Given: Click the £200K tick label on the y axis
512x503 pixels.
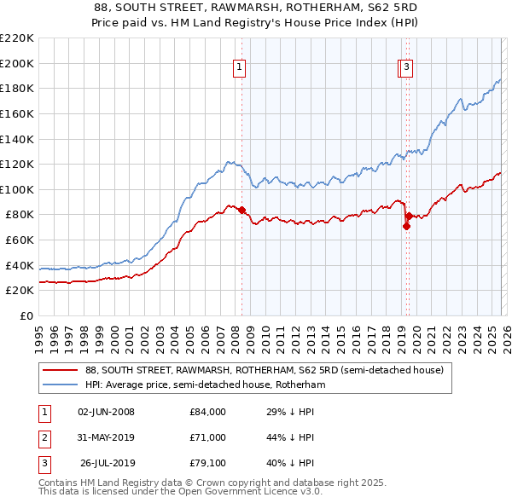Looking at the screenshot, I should coord(16,63).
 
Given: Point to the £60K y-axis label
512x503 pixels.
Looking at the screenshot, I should coord(19,240).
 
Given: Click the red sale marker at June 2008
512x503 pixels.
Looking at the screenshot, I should coord(241,210).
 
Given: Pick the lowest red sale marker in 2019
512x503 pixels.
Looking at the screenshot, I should coord(406,226).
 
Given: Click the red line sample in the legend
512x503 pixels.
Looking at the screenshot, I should coord(60,371).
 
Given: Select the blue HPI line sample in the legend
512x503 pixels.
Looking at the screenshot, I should coord(60,385).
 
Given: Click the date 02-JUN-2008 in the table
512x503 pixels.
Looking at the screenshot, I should coord(106,412).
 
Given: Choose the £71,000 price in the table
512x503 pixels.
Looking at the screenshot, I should coord(207,437).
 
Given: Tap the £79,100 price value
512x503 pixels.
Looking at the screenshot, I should coord(207,464).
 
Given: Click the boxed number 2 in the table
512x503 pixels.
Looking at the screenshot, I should coord(44,438).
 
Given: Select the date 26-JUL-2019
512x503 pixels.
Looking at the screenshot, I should coord(108,464).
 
